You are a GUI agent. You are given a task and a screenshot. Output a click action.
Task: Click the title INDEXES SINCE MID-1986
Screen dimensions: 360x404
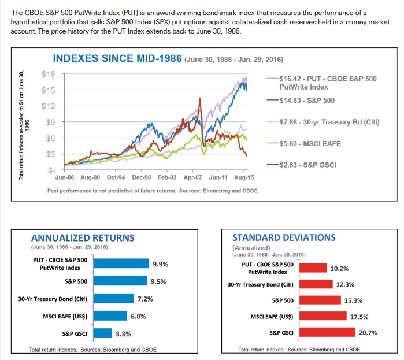(117, 59)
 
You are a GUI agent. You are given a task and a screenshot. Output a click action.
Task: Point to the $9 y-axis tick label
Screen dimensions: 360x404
(50, 123)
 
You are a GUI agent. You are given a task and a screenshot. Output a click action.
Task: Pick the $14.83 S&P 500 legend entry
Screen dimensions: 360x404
(306, 101)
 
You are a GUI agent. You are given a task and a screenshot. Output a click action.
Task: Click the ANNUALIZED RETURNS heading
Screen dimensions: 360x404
(82, 237)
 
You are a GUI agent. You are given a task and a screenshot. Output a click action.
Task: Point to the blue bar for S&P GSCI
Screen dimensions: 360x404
(102, 333)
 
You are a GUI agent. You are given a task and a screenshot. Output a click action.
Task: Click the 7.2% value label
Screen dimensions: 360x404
(145, 299)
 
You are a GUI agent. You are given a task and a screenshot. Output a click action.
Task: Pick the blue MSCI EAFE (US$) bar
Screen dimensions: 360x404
(110, 316)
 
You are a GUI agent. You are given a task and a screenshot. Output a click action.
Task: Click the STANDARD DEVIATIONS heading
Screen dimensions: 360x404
(283, 237)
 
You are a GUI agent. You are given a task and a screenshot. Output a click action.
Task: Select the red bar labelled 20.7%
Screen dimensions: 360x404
(327, 332)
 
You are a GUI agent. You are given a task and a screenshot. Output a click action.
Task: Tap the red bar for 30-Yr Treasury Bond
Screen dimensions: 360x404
(316, 284)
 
